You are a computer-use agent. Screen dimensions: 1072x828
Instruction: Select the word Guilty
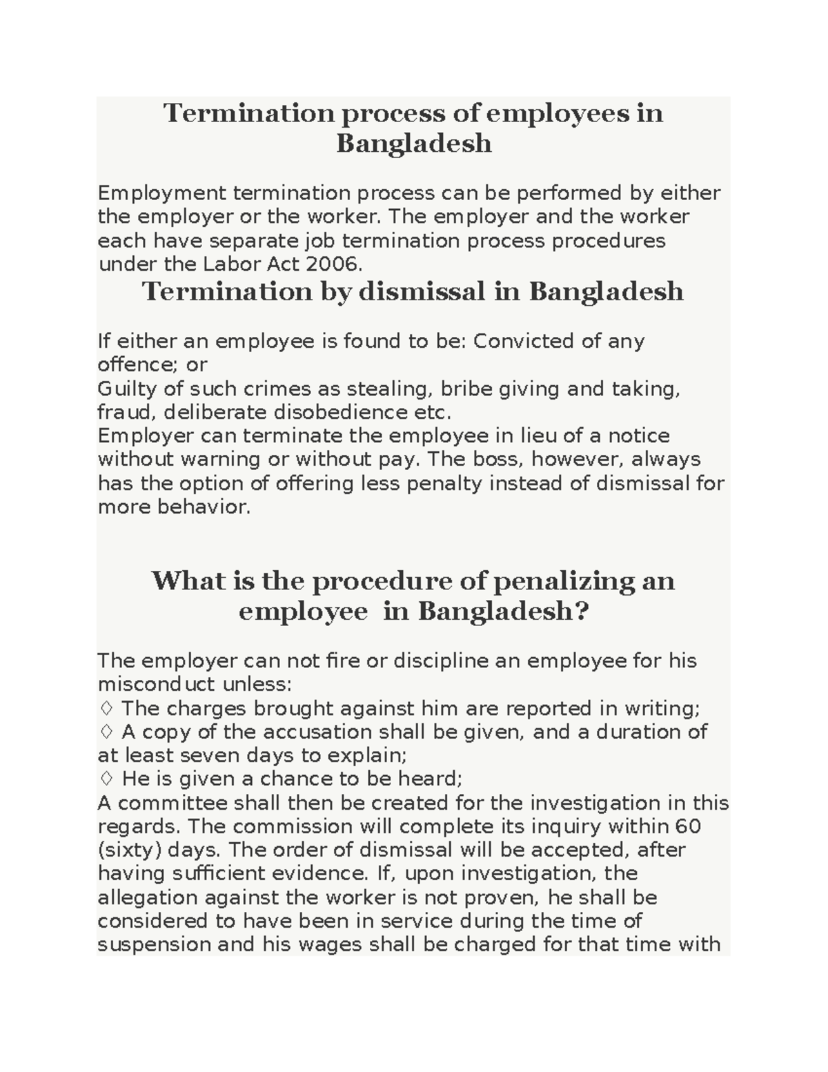[120, 389]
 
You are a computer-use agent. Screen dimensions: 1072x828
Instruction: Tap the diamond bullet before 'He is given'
[106, 779]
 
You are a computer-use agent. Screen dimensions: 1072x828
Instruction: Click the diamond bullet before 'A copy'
[106, 732]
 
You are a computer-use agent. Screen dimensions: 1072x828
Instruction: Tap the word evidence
[317, 873]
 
